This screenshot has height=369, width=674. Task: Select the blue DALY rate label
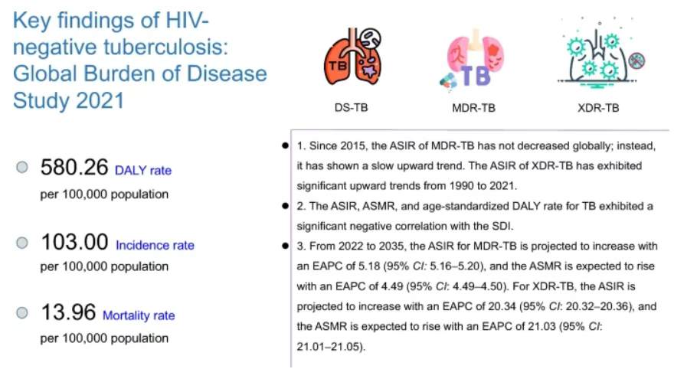point(143,171)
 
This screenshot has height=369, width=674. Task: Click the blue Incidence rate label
point(155,246)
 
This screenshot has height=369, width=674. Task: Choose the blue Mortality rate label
point(139,315)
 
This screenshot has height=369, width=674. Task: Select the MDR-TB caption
point(473,108)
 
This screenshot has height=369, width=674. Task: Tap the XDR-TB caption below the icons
point(598,108)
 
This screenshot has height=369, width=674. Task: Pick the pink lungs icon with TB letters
point(472,57)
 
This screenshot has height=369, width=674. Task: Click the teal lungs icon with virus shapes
point(598,56)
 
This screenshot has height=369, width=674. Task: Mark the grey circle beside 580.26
point(22,167)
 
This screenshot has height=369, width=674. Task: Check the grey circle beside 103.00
point(22,243)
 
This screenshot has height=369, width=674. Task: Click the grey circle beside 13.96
point(22,312)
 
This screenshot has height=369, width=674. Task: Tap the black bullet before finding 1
point(285,145)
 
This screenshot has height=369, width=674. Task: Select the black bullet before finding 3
point(285,246)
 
